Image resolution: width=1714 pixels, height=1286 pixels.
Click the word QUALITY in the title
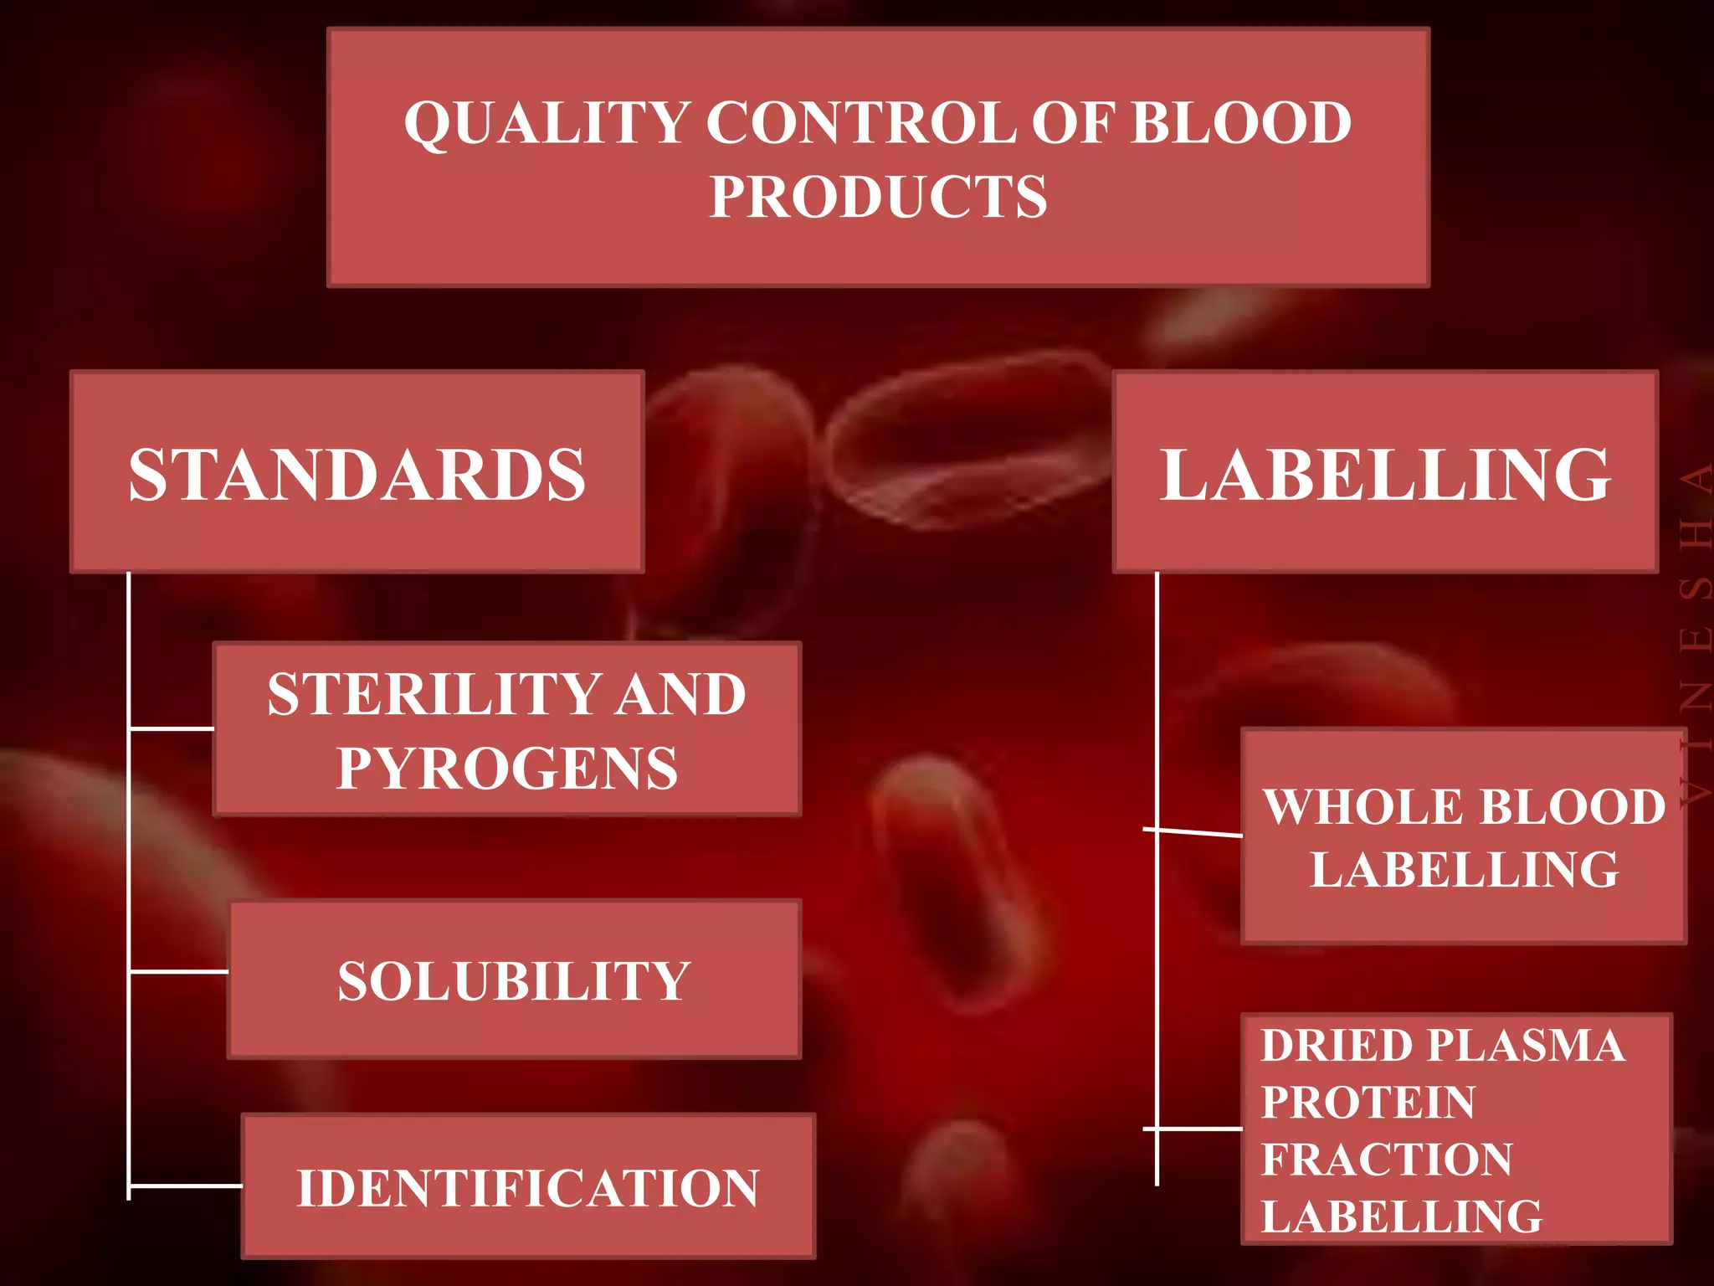(547, 123)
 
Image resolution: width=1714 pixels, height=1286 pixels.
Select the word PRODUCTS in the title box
(878, 197)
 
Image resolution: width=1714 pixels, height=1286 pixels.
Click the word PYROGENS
(507, 768)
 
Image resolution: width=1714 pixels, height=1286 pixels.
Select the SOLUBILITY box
(514, 980)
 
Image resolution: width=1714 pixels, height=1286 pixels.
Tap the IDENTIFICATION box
(528, 1187)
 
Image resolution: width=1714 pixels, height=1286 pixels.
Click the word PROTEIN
(1368, 1102)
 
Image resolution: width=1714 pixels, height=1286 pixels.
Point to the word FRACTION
(1387, 1160)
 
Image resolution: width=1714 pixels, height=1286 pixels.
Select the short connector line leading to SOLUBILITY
(178, 971)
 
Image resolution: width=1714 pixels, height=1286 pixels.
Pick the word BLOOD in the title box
(1241, 123)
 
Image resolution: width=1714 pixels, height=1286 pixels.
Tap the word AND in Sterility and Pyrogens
(680, 694)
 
